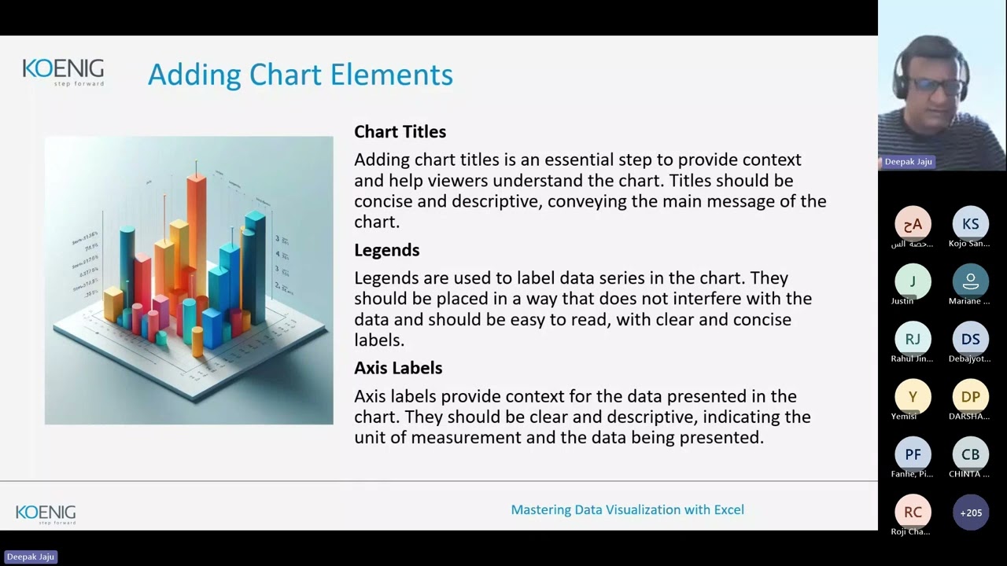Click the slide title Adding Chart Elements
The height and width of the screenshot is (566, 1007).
click(x=300, y=75)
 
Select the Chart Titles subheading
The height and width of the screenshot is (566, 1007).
click(x=400, y=131)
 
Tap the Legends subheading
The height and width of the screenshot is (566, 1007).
click(x=386, y=250)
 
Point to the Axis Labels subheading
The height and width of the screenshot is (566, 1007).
click(x=398, y=368)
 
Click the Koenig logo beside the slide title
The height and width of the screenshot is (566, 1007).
click(x=63, y=72)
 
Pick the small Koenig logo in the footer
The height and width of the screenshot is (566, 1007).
click(x=46, y=514)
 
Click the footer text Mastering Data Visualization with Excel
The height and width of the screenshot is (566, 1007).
click(x=627, y=509)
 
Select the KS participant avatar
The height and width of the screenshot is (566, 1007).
click(x=970, y=224)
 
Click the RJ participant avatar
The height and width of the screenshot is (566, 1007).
click(x=913, y=339)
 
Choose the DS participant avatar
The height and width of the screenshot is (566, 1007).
click(x=970, y=339)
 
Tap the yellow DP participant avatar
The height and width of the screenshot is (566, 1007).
click(x=970, y=397)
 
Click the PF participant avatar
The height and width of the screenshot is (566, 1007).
click(x=913, y=454)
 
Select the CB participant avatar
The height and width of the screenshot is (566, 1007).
click(x=970, y=454)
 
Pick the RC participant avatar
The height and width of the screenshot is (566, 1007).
click(x=913, y=512)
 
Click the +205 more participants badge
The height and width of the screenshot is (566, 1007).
click(x=970, y=513)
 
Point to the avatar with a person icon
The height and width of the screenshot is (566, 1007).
click(x=970, y=281)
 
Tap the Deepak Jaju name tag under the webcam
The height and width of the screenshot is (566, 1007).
click(x=908, y=161)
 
